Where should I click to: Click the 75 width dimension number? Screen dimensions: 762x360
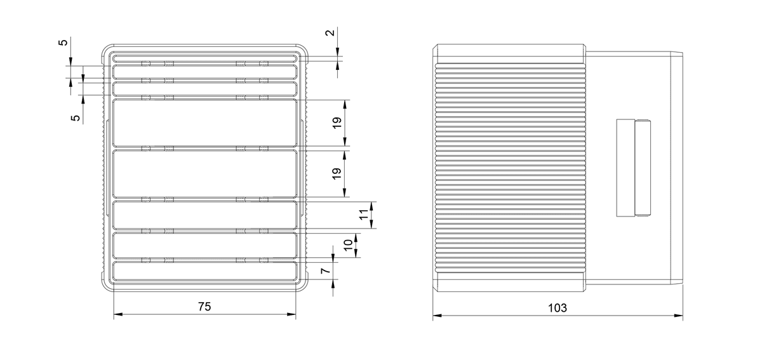pos(204,307)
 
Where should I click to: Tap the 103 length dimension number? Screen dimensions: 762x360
pos(558,308)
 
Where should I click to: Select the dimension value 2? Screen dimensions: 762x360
pos(330,33)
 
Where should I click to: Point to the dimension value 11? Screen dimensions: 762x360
pos(364,215)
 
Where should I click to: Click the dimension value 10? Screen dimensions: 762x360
pos(348,245)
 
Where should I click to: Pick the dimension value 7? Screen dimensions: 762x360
pos(326,270)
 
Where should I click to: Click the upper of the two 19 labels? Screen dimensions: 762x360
pos(337,123)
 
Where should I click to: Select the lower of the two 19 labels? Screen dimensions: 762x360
pos(337,173)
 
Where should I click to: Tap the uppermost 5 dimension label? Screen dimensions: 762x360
pos(63,43)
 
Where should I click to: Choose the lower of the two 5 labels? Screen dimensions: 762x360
pos(75,118)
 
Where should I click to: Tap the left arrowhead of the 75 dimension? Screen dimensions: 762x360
pos(117,314)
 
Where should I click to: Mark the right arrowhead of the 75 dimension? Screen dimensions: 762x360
pos(291,314)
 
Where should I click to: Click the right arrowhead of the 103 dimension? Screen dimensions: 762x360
pos(679,316)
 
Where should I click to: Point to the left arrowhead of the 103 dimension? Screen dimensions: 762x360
pos(437,316)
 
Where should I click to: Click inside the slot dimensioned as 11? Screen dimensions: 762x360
pos(204,215)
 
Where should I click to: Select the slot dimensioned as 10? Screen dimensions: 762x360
pos(204,245)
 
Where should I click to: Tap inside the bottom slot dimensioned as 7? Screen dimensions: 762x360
pos(204,271)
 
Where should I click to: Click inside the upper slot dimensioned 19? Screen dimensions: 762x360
pos(204,123)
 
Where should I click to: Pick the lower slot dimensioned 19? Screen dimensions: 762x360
pos(204,174)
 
